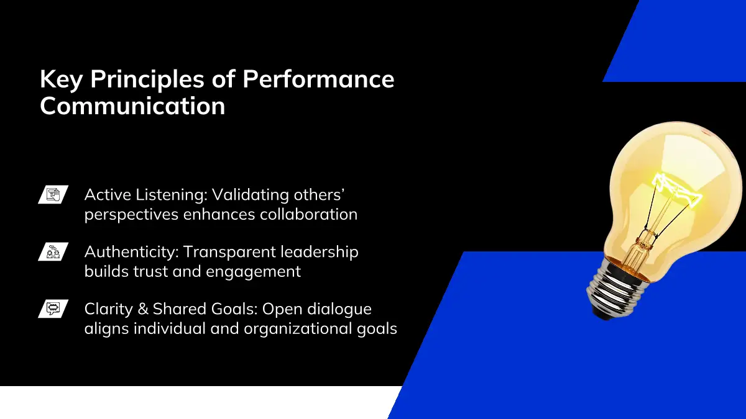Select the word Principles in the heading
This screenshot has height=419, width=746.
click(x=147, y=79)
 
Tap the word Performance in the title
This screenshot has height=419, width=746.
click(x=318, y=79)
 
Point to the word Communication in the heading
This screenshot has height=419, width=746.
click(x=132, y=106)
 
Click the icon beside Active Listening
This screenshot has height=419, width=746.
click(x=53, y=194)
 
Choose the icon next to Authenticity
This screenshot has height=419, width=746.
click(x=53, y=252)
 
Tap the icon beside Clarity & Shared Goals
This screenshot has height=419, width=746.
click(x=53, y=309)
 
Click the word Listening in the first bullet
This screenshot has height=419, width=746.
click(x=171, y=195)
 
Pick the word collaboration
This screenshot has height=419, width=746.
click(x=309, y=214)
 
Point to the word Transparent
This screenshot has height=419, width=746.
click(x=229, y=253)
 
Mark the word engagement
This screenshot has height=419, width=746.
click(x=254, y=272)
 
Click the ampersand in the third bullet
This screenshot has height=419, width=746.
click(x=143, y=309)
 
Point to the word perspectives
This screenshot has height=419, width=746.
click(x=132, y=215)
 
